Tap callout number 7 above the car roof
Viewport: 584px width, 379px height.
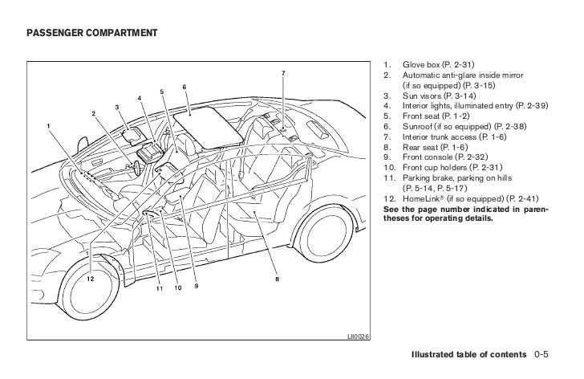coord(282,74)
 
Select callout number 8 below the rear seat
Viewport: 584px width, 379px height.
coord(277,280)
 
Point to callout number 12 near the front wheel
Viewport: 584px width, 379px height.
coord(90,279)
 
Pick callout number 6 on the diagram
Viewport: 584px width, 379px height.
coord(185,87)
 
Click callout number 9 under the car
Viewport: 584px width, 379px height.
coord(195,287)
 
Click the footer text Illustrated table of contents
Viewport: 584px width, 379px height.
coord(468,354)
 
